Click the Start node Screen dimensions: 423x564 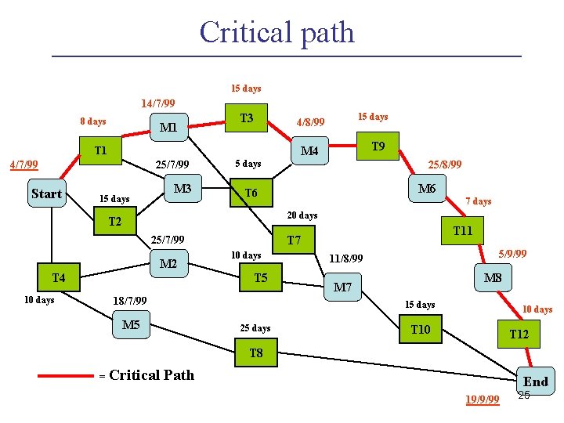[x=46, y=194]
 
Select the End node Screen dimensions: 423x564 [x=536, y=381]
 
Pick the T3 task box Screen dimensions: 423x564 [x=247, y=118]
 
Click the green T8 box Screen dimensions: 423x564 [x=256, y=353]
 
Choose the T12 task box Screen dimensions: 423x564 [x=519, y=334]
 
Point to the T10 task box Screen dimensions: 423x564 [x=421, y=330]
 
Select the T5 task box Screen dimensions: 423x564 [x=261, y=278]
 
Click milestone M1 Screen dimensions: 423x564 [x=168, y=128]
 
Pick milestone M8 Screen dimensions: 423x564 [x=493, y=279]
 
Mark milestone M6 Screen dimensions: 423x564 [x=427, y=189]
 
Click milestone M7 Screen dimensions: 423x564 [x=342, y=287]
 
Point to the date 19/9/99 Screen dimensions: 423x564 [x=483, y=400]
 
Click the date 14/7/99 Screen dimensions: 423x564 [x=157, y=103]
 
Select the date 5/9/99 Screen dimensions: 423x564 [x=513, y=254]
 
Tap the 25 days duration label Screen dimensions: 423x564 [x=255, y=328]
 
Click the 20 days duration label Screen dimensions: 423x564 [x=302, y=215]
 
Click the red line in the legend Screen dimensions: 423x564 [x=66, y=376]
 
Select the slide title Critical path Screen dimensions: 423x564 [x=277, y=32]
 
